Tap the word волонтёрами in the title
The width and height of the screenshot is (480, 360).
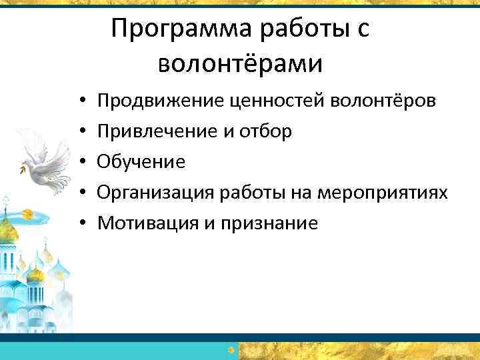pos(241,64)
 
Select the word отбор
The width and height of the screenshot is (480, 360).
pos(266,132)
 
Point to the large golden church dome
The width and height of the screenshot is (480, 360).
pos(7,230)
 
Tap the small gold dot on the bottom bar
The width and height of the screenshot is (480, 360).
pos(231,349)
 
